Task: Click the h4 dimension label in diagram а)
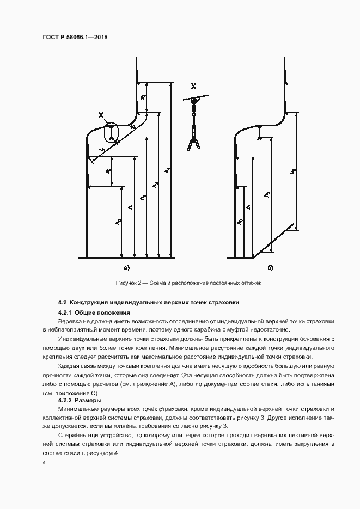(x=168, y=170)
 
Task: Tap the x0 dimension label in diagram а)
(x=108, y=171)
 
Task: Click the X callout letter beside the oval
(x=100, y=115)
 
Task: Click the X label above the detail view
(x=193, y=86)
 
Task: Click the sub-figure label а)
(x=127, y=267)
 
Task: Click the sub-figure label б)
(x=270, y=267)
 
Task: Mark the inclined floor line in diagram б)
(x=275, y=241)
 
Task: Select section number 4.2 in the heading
(x=62, y=302)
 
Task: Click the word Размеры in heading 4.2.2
(x=87, y=400)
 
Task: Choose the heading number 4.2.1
(x=65, y=312)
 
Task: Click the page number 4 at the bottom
(x=44, y=462)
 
